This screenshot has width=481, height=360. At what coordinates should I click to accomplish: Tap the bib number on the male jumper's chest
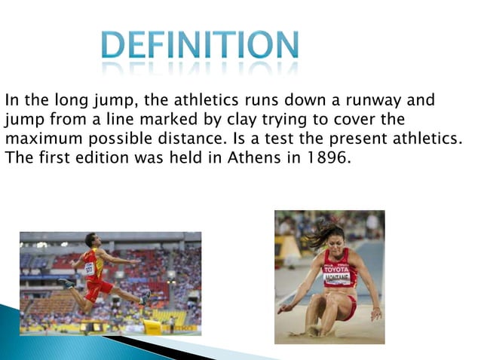click(x=89, y=267)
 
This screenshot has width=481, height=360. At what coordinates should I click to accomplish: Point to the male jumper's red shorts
click(x=97, y=288)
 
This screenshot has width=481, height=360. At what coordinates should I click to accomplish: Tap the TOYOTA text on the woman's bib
click(x=336, y=269)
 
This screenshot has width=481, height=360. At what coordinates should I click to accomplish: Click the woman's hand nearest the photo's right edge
click(x=375, y=313)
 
